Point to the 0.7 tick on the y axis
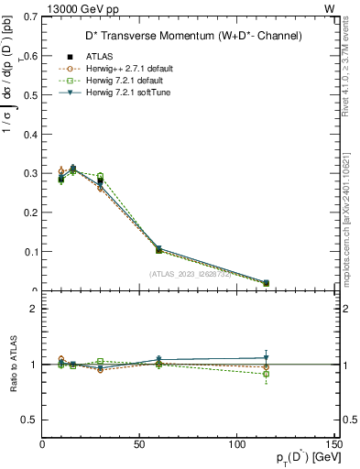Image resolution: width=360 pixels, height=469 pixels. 33,16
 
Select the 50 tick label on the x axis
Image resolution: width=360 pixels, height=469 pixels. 139,444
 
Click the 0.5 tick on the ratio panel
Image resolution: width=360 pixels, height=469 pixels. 31,420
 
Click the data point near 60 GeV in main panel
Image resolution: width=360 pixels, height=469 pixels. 158,249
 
